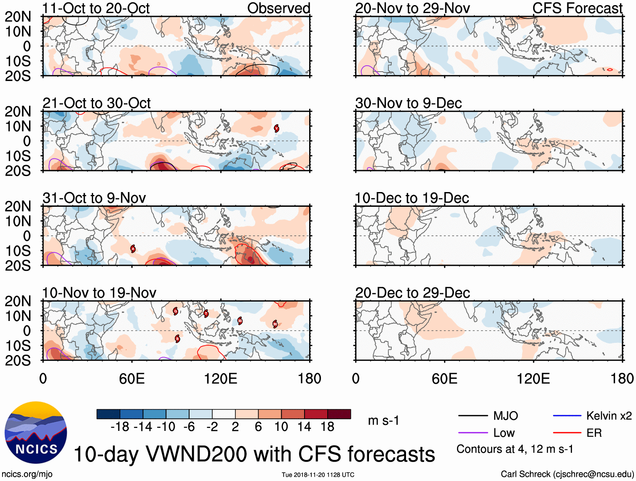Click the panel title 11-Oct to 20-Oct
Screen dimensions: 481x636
pyautogui.click(x=96, y=8)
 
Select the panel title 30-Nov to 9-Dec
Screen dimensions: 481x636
pyautogui.click(x=409, y=103)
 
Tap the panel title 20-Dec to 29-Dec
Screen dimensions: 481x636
pyautogui.click(x=412, y=293)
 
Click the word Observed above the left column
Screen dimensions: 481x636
pyautogui.click(x=278, y=8)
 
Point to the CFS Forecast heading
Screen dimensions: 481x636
pyautogui.click(x=577, y=8)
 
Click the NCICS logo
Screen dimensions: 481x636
pyautogui.click(x=36, y=433)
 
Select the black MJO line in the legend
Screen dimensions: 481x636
pyautogui.click(x=473, y=416)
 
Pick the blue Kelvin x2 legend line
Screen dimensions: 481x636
pyautogui.click(x=567, y=416)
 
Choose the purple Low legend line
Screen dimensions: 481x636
pyautogui.click(x=473, y=433)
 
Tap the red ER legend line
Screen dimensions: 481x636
pyautogui.click(x=567, y=433)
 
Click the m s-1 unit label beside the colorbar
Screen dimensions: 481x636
pyautogui.click(x=383, y=420)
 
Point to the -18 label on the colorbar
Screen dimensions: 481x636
pyautogui.click(x=120, y=427)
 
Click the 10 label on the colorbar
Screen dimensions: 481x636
pyautogui.click(x=281, y=427)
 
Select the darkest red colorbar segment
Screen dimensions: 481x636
pyautogui.click(x=339, y=414)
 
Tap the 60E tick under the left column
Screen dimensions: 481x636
pyautogui.click(x=132, y=378)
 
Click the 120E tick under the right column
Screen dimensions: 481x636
pyautogui.click(x=533, y=378)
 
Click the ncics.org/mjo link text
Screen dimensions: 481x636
pyautogui.click(x=27, y=474)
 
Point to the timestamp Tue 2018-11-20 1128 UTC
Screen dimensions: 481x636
pyautogui.click(x=318, y=475)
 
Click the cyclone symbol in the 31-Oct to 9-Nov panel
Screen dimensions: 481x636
pyautogui.click(x=133, y=249)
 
